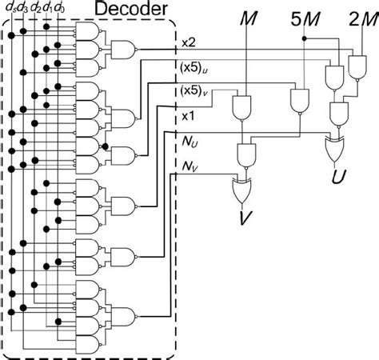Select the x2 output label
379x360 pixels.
pyautogui.click(x=189, y=42)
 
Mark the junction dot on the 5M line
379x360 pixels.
pyautogui.click(x=304, y=38)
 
